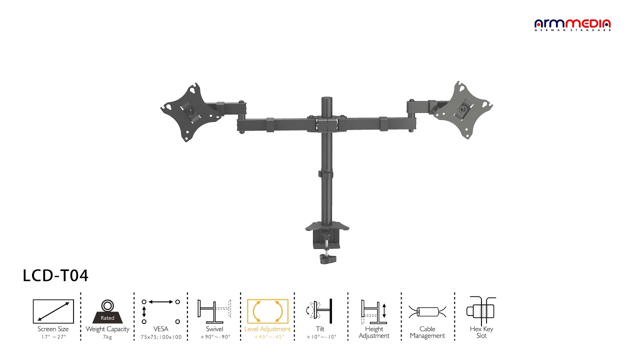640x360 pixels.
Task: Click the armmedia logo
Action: (x=572, y=25)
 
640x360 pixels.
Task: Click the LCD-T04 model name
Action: (x=55, y=275)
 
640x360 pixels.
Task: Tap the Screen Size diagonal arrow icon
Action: (x=53, y=311)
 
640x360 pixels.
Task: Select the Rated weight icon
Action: (x=107, y=311)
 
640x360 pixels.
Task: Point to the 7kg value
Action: (x=107, y=337)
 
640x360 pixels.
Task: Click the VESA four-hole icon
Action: (x=161, y=311)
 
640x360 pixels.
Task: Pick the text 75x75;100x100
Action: (x=161, y=337)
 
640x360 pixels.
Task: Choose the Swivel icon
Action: (x=214, y=311)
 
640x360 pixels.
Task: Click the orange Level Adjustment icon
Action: (x=267, y=311)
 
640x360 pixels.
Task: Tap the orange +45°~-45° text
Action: (x=269, y=337)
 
